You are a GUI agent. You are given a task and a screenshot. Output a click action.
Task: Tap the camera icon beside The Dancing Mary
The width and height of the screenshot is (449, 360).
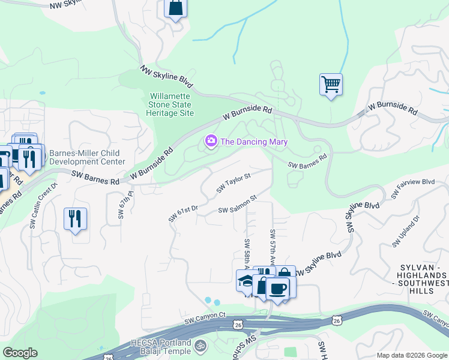[x=211, y=142]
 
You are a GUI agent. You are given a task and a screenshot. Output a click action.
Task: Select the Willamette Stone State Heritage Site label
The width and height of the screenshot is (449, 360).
[x=170, y=104]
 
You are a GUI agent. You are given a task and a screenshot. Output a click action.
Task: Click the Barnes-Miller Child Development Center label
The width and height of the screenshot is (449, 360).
[x=87, y=157]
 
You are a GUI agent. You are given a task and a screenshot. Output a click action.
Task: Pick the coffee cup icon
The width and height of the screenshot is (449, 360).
[x=277, y=288]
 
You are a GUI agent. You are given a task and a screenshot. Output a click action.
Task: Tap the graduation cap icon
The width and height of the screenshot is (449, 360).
[x=246, y=281]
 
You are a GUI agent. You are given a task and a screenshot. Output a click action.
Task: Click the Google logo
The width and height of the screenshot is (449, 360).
[x=20, y=353]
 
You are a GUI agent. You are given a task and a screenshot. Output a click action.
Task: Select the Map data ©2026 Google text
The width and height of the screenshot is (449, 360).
[x=412, y=355]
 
